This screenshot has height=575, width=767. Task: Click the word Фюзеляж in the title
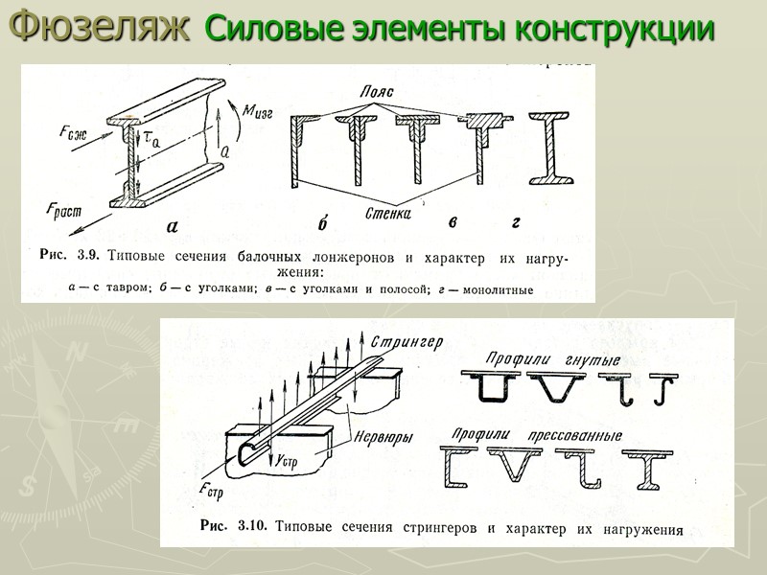click(101, 28)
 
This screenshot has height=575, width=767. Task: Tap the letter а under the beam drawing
click(173, 227)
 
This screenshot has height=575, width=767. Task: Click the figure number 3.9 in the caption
click(88, 257)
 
